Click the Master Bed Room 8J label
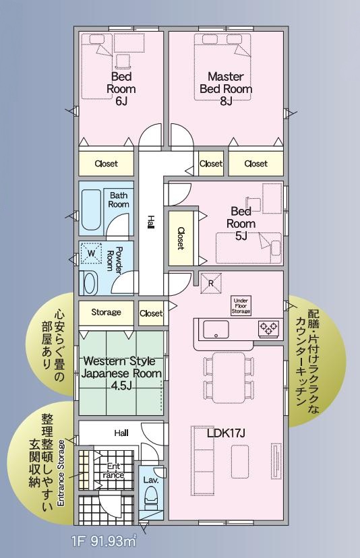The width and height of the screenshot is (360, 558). point(226,88)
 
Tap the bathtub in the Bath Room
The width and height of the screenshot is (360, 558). point(92,210)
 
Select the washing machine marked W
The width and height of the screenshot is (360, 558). point(91,253)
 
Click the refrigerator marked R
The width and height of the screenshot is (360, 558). point(211,284)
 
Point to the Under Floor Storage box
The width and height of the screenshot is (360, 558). point(241,306)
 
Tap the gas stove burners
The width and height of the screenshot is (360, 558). point(268,328)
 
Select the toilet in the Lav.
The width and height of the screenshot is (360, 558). point(150,501)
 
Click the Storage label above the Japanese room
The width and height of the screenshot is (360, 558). point(106,312)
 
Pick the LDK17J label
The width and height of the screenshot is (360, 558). point(226,433)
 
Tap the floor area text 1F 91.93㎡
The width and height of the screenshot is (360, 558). point(104,542)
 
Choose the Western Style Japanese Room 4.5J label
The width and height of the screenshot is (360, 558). point(121,373)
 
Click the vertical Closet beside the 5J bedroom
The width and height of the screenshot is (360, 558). point(181,239)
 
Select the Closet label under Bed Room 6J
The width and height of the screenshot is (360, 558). point(106,164)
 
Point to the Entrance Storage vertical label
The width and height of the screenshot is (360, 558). point(61,473)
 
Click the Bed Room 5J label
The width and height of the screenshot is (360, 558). point(241,224)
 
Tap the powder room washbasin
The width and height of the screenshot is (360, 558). point(90,283)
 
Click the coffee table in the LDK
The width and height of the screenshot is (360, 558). point(239,462)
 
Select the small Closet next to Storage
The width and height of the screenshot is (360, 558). point(151,313)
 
